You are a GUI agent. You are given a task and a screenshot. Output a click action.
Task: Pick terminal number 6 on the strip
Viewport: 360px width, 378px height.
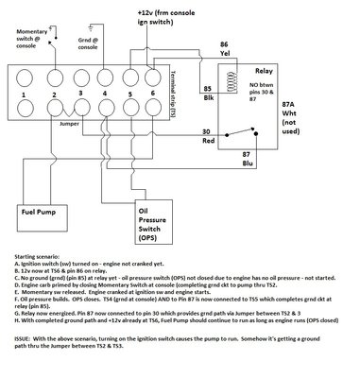click(152, 93)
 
